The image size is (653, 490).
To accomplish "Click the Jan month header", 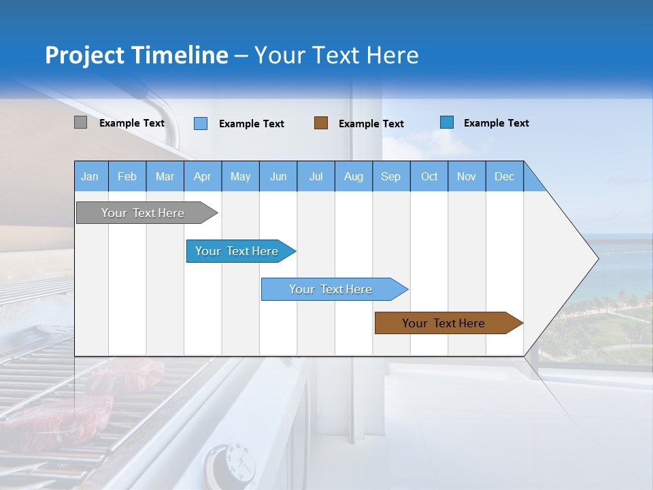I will [x=90, y=176].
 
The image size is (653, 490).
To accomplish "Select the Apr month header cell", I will [x=203, y=176].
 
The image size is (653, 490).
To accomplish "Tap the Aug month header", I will [x=353, y=176].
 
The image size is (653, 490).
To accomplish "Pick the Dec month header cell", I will [x=504, y=176].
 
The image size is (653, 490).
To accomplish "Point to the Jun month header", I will [x=278, y=176].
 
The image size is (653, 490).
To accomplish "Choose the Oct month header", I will [x=429, y=176].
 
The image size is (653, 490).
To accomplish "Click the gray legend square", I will [x=80, y=122].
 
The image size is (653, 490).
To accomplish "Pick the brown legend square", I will [x=321, y=122].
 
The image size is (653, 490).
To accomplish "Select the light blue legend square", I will [x=201, y=123].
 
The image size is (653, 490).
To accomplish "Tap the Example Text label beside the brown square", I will [x=371, y=123].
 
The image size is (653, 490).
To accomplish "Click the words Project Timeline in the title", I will [x=136, y=55].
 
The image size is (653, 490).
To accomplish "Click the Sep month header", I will [x=391, y=176].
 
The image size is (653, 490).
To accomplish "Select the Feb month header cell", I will [x=127, y=176].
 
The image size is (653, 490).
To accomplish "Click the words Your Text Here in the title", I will [x=337, y=55].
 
